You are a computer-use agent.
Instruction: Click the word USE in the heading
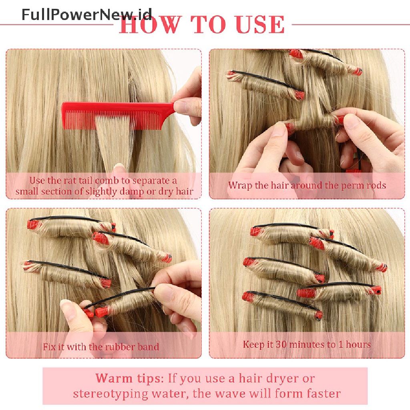(260, 24)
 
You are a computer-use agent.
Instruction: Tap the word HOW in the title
(151, 24)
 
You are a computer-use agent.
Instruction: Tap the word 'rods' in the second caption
(376, 185)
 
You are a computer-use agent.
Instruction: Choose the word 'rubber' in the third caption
(119, 347)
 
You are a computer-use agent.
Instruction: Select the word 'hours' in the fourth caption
(358, 344)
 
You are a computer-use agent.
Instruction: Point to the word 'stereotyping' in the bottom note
(110, 394)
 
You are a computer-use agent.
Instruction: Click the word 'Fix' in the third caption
(50, 347)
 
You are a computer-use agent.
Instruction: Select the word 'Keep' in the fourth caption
(253, 345)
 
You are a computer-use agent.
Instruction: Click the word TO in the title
(209, 24)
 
